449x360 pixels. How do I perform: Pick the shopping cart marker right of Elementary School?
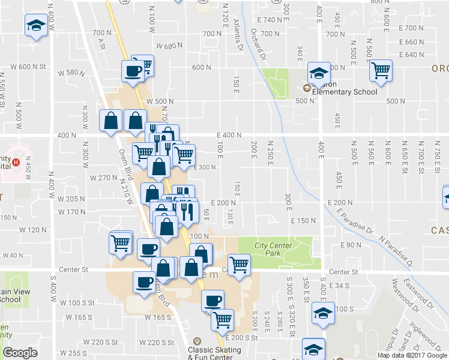point(381,70)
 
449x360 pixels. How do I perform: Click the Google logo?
point(20,353)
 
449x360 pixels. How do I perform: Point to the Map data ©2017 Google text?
point(412,355)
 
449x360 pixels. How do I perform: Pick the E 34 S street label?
point(339,286)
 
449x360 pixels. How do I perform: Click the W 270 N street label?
point(102,178)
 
